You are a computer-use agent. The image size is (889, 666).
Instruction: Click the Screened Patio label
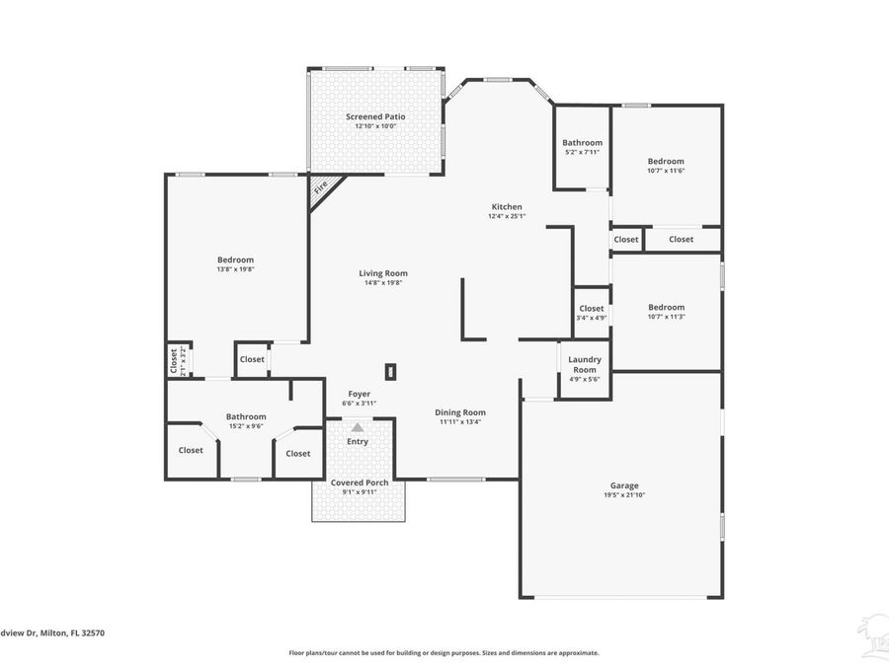point(375,116)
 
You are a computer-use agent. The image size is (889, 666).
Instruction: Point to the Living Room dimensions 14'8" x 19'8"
point(383,283)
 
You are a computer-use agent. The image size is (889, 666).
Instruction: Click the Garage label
point(623,485)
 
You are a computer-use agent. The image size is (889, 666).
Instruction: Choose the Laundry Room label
point(584,365)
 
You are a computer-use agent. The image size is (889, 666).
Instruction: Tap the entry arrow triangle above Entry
point(357,427)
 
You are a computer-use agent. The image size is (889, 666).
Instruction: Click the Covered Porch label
point(360,482)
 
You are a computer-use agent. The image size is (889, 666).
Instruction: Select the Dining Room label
point(461,412)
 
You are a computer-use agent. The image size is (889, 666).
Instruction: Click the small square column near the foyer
point(391,372)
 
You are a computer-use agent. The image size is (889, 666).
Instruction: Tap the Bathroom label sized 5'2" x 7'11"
point(582,143)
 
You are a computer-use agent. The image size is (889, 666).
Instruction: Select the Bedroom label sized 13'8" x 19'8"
point(236,259)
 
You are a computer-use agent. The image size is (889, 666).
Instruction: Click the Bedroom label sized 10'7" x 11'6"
point(666,161)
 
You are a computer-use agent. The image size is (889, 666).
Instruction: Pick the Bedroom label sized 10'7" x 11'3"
point(666,307)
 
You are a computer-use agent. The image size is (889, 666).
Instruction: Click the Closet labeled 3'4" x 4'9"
point(592,309)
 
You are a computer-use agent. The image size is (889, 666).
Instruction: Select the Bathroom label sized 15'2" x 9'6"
point(246,416)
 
